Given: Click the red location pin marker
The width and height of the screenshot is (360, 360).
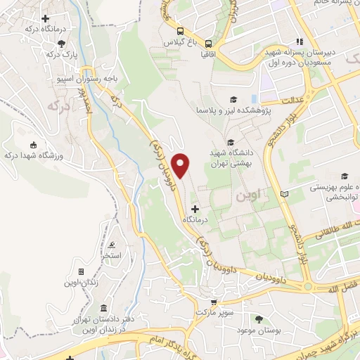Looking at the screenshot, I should pos(181,165).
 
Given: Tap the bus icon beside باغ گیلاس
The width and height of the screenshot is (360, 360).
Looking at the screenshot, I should pos(181,31).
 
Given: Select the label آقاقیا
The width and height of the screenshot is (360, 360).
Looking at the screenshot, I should pos(209,53).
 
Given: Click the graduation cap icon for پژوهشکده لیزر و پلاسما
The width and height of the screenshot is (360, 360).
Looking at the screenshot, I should pos(233,100).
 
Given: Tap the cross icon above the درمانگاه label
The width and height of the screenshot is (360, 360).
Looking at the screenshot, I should pos(195,209).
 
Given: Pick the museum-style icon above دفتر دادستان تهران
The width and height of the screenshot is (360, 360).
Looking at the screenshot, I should pos(103,309).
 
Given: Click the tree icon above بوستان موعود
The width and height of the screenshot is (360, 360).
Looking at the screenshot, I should pos(259,319).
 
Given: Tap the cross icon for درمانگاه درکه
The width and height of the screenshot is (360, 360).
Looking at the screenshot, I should pos(46,18).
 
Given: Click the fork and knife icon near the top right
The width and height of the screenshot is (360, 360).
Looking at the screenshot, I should pos(300,41).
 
